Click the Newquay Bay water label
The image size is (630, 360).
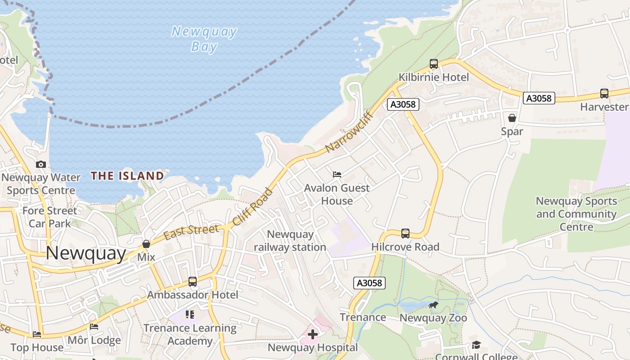[x=204, y=39]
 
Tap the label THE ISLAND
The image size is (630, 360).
[x=127, y=175]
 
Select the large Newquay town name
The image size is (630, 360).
[x=85, y=253]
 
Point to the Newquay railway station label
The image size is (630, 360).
[x=290, y=241]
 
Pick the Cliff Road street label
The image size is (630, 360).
[x=252, y=207]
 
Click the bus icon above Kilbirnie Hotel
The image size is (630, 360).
[x=433, y=64]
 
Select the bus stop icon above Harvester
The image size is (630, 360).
[x=604, y=94]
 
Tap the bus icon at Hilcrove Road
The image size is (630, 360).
[x=405, y=233]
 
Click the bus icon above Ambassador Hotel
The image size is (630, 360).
[x=193, y=282]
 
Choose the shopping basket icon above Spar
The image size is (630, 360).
[x=512, y=118]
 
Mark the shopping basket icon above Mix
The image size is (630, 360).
[x=146, y=244]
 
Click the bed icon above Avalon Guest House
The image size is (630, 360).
[x=337, y=175]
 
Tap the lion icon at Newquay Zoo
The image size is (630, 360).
[x=433, y=306]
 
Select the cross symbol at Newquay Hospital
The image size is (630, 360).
[x=312, y=334]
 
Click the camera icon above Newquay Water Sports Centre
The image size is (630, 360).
[x=41, y=164]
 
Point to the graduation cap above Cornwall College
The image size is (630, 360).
[x=476, y=345]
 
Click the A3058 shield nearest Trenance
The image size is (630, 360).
[x=369, y=283]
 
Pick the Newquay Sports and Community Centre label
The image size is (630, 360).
[x=576, y=214]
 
